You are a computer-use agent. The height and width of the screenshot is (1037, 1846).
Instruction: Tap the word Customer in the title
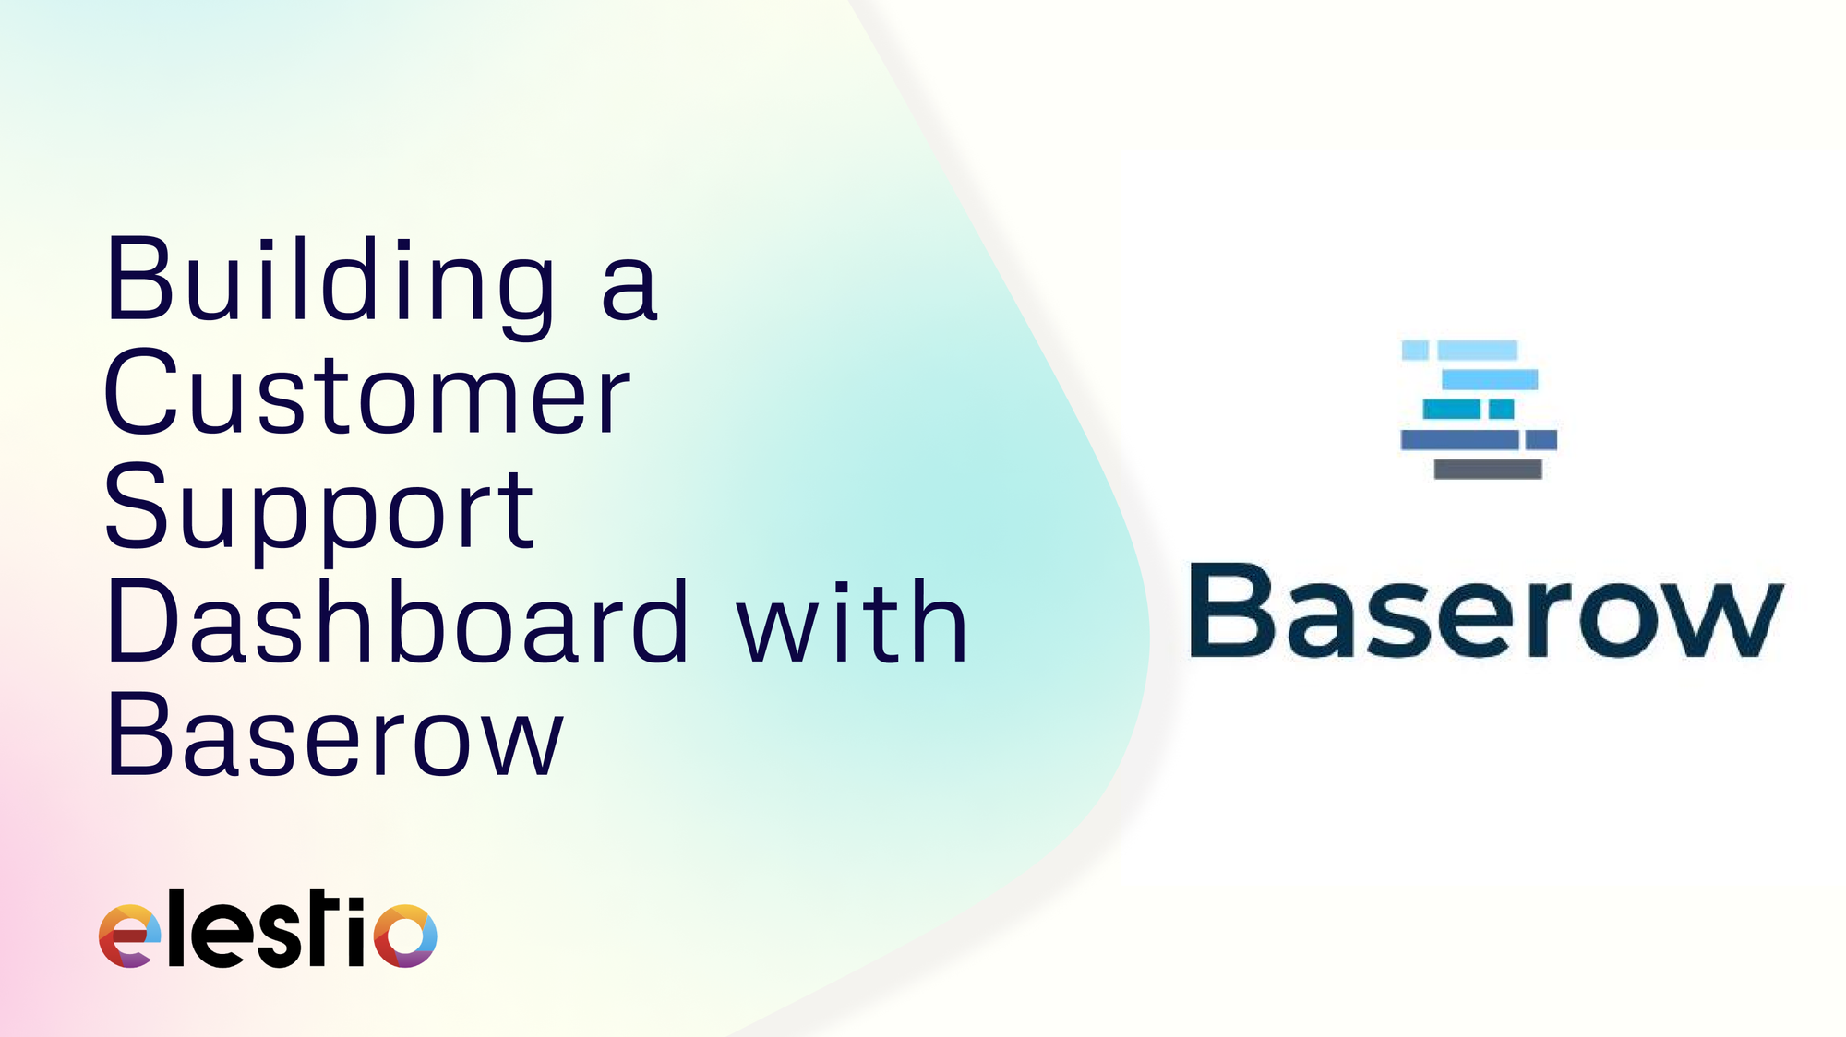(367, 395)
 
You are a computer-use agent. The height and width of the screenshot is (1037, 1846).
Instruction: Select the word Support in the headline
(319, 509)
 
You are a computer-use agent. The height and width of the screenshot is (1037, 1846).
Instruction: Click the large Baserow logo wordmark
(1486, 611)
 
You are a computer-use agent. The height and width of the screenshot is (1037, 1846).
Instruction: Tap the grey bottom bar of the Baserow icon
(1488, 469)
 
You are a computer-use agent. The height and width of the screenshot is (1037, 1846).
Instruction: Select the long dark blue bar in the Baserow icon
(1459, 439)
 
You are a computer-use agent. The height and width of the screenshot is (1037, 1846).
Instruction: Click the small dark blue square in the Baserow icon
(1540, 439)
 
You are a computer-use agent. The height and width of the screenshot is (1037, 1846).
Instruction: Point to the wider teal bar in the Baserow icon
(1451, 409)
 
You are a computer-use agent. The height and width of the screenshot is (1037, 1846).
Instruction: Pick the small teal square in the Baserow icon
(1501, 409)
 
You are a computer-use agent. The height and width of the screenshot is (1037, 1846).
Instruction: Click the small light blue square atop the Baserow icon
(1415, 350)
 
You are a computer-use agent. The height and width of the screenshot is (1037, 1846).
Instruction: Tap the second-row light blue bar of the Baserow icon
(1490, 379)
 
